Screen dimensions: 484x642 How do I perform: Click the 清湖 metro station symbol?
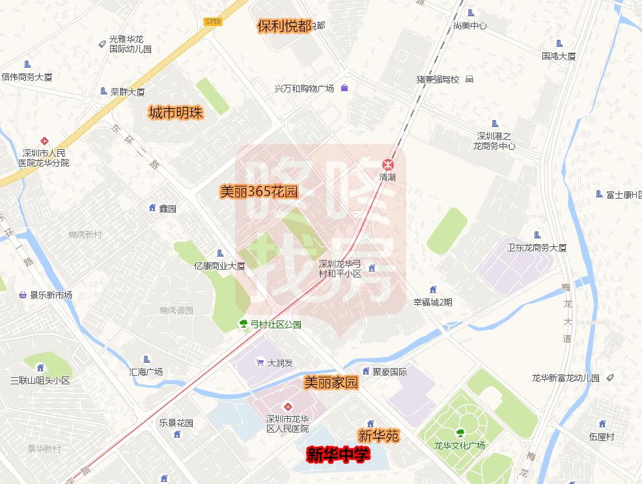click(x=387, y=164)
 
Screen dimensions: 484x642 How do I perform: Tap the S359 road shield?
click(x=213, y=21)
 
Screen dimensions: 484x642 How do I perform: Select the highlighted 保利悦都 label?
click(x=284, y=26)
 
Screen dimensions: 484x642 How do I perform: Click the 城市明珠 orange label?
click(x=176, y=113)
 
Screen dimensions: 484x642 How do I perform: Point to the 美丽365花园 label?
click(x=258, y=192)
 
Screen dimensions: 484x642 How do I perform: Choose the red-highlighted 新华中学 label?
click(x=338, y=454)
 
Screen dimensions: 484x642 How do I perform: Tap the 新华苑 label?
click(x=378, y=436)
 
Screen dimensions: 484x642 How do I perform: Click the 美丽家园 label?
click(x=331, y=383)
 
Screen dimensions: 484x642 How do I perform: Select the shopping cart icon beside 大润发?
click(x=260, y=363)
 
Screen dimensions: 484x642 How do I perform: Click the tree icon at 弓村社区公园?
click(x=244, y=324)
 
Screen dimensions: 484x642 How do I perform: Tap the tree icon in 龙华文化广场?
click(x=460, y=432)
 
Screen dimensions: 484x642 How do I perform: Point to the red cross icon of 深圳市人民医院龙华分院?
click(x=44, y=140)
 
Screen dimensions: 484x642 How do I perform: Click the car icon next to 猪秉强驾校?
click(x=469, y=79)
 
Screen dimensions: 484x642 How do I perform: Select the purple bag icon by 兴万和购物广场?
click(x=344, y=88)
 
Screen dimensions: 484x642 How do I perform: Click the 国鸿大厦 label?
click(x=559, y=57)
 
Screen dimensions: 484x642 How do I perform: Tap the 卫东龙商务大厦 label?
click(x=537, y=248)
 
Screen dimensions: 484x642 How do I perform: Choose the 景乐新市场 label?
click(x=51, y=295)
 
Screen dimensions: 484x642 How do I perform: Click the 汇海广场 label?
click(x=146, y=372)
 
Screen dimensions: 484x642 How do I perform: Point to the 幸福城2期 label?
click(x=432, y=302)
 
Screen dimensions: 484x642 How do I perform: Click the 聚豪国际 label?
click(x=389, y=372)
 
